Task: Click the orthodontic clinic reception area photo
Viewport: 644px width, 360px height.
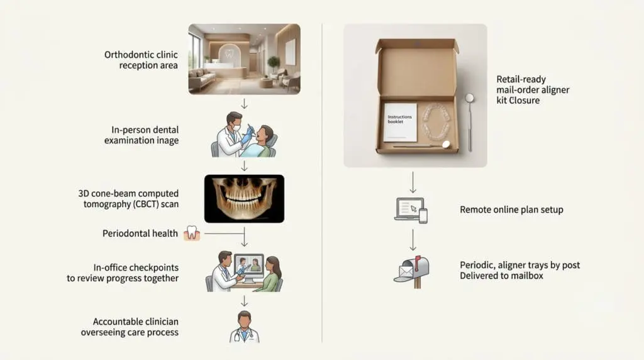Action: [245, 59]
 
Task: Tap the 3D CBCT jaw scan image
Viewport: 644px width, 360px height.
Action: [245, 199]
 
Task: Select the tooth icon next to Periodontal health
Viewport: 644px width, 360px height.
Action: [192, 233]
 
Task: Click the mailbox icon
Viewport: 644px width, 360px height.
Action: [411, 272]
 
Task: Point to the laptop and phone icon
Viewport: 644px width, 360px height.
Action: [411, 210]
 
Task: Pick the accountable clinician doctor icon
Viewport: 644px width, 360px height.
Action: [245, 327]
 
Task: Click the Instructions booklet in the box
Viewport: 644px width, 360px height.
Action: [400, 122]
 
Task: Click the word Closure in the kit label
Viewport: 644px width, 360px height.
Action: [524, 100]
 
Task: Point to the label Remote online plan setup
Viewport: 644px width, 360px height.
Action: [511, 210]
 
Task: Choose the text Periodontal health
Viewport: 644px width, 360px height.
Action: [140, 233]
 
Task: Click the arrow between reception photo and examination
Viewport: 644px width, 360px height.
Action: [245, 104]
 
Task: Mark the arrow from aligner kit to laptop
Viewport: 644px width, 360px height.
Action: [413, 183]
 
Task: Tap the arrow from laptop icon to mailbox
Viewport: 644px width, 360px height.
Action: [413, 240]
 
